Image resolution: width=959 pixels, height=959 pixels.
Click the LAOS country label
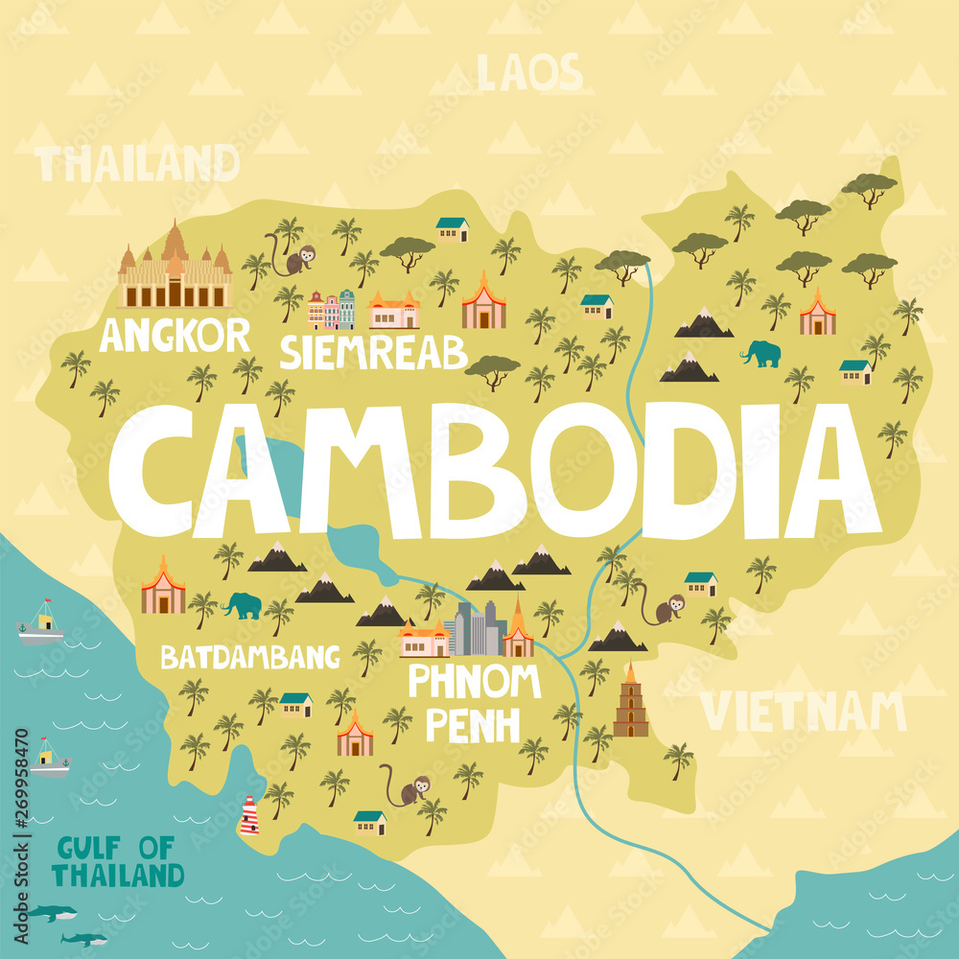click(x=528, y=73)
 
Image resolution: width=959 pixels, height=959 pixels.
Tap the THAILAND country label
click(x=138, y=164)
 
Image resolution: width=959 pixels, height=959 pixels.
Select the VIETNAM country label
click(x=803, y=712)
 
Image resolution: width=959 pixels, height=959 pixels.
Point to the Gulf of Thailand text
click(x=117, y=861)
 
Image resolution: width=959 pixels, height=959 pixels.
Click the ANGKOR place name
click(x=175, y=336)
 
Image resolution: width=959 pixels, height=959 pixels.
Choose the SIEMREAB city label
click(x=373, y=352)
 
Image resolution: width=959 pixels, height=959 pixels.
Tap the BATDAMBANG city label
click(x=249, y=657)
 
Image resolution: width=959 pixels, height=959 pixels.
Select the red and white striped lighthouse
click(x=249, y=815)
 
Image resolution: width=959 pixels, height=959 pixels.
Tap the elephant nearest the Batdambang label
click(x=242, y=605)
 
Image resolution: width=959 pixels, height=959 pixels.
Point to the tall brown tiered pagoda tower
click(x=630, y=702)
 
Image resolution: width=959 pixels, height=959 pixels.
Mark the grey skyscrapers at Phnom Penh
click(x=476, y=628)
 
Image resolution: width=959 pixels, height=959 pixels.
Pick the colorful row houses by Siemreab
click(x=331, y=310)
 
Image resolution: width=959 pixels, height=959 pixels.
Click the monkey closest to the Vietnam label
click(x=666, y=609)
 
